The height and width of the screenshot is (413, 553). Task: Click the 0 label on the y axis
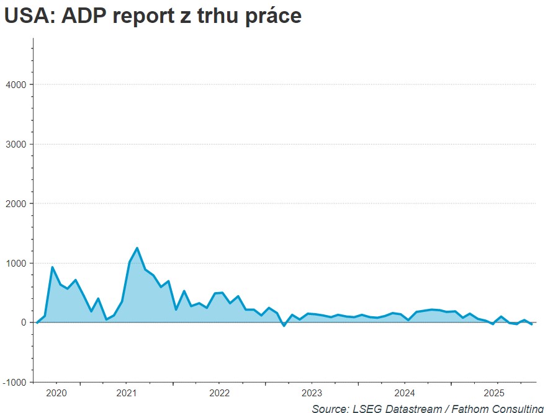click(x=22, y=322)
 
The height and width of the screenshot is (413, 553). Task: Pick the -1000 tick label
click(x=14, y=382)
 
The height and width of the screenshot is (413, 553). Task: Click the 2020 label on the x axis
click(x=56, y=393)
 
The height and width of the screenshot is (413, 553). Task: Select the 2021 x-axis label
click(x=126, y=393)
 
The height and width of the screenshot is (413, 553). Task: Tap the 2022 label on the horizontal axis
click(x=219, y=393)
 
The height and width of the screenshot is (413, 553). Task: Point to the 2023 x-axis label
click(x=312, y=393)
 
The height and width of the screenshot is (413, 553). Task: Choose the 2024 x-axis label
click(x=405, y=393)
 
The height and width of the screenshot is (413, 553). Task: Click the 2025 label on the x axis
click(x=495, y=393)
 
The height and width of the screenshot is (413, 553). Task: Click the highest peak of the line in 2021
click(x=137, y=248)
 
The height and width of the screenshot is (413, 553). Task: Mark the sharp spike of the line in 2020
click(x=52, y=267)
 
